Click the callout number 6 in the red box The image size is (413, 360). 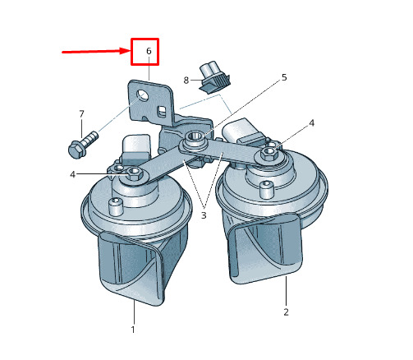tap(149, 51)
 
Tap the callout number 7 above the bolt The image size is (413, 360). tap(81, 114)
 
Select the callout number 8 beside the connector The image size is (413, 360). tap(186, 81)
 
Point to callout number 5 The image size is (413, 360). tap(284, 77)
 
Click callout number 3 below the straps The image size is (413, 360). tap(204, 215)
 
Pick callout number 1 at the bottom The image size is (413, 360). tap(133, 330)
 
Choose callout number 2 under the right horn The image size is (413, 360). tap(286, 312)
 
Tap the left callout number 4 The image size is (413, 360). tap(72, 174)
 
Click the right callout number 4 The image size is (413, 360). tap(312, 123)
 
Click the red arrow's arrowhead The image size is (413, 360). tap(125, 51)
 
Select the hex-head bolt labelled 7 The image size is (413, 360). tap(82, 145)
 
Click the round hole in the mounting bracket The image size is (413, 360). tap(142, 96)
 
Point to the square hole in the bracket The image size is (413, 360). tap(162, 112)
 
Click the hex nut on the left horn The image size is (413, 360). tap(134, 173)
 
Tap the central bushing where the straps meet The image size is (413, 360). tap(194, 138)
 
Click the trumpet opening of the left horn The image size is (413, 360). tap(131, 267)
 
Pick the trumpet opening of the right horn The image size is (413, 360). tap(265, 250)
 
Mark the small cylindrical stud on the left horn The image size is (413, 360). tap(115, 206)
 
